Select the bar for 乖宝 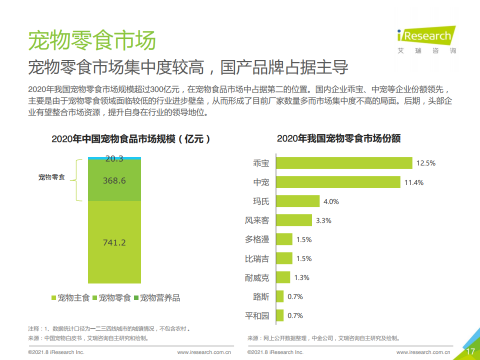(344, 163)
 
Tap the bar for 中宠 (338, 182)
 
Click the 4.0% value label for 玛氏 (331, 201)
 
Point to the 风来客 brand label (257, 220)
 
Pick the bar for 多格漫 (283, 239)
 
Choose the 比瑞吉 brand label (257, 258)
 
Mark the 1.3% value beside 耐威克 (301, 277)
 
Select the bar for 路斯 (279, 296)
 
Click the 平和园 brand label (257, 315)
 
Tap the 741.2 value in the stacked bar (114, 242)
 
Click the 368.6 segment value (114, 180)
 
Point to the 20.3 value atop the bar (114, 158)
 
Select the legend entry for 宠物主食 (70, 298)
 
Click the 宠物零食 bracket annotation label (51, 177)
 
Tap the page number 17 (470, 351)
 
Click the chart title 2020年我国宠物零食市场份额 (338, 138)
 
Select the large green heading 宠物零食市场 (91, 40)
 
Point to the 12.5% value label (426, 163)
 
